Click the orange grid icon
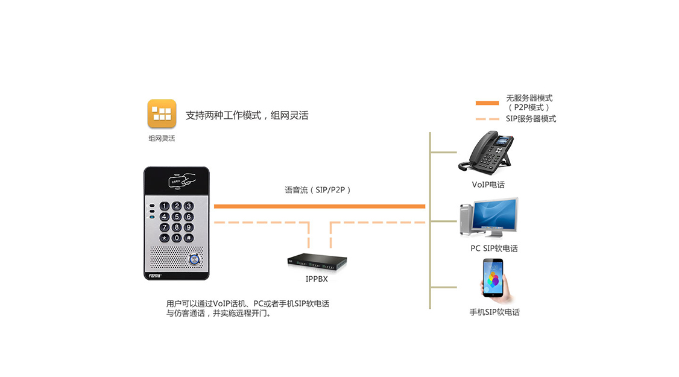(162, 113)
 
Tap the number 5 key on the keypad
(176, 217)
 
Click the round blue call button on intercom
(194, 259)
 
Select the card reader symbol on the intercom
(182, 180)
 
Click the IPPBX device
(317, 262)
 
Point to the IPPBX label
(317, 279)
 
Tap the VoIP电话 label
(488, 185)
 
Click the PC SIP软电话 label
(494, 249)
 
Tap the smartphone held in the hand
(493, 277)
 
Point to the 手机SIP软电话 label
(494, 312)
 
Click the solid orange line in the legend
(487, 103)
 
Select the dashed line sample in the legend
(487, 119)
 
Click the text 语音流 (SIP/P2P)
(317, 190)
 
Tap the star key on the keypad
(164, 238)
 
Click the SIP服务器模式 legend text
(531, 119)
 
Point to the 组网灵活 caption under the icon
(162, 138)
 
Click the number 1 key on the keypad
(164, 206)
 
